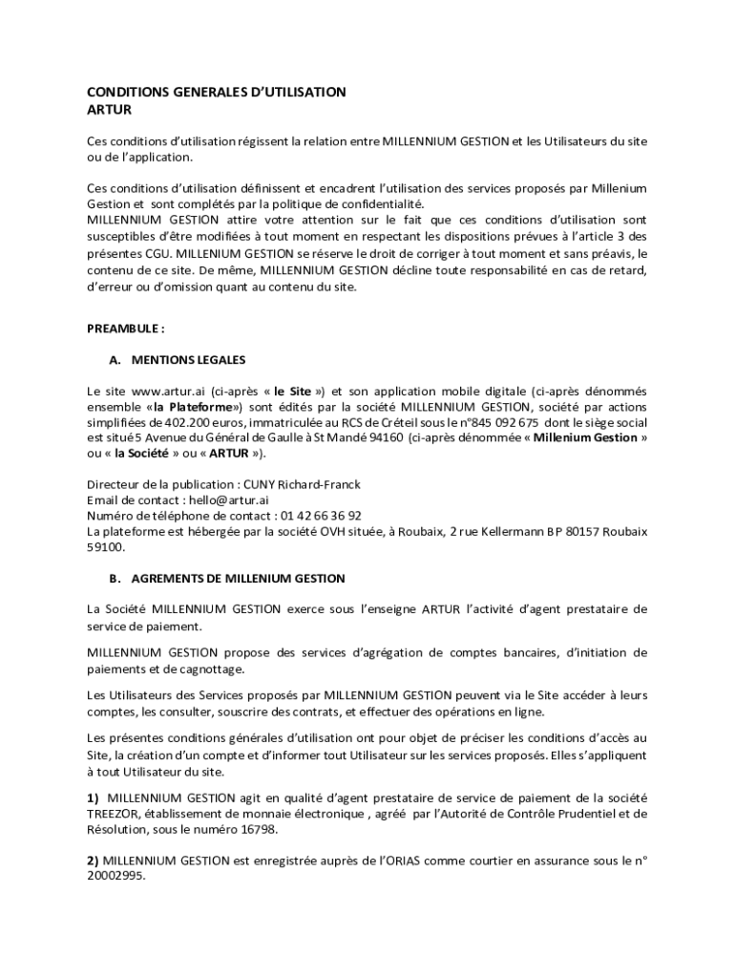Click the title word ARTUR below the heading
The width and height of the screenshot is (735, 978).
(109, 110)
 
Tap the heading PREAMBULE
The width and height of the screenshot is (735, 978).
(125, 328)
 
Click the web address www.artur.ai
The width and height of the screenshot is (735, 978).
(169, 391)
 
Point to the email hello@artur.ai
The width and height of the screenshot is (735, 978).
(228, 500)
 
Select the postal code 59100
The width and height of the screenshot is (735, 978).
(105, 547)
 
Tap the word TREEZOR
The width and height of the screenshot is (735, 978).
(115, 814)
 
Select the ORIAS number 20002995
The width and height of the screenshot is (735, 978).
(115, 875)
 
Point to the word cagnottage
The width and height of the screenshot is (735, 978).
(203, 669)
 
